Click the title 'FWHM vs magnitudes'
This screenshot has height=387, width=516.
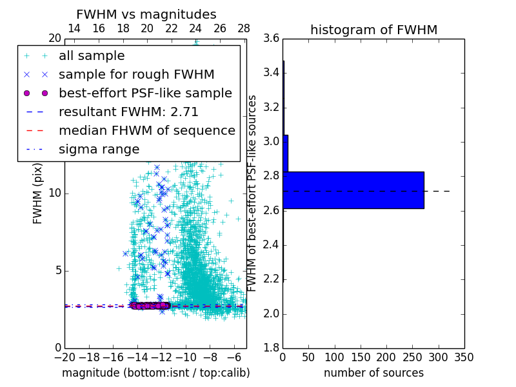[x=146, y=14]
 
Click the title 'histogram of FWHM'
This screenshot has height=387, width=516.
[x=373, y=30]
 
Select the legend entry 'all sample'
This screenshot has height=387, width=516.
[x=92, y=56]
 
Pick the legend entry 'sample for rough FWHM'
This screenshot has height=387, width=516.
[x=136, y=75]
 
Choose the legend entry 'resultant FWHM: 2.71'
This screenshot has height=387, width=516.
[x=128, y=112]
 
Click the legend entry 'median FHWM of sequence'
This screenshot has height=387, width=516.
[x=146, y=130]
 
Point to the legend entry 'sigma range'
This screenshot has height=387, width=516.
[x=99, y=149]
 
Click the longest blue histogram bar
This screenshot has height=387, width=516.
[x=353, y=190]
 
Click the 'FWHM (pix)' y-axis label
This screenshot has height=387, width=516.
[x=38, y=193]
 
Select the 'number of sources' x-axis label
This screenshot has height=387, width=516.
[x=373, y=373]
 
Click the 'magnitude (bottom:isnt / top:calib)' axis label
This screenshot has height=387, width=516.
[x=155, y=373]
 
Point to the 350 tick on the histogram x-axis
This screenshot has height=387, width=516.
[x=464, y=357]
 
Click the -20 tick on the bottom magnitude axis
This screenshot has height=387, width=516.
[x=64, y=357]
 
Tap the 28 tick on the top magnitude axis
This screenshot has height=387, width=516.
[x=244, y=28]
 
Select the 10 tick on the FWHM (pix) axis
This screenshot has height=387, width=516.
[x=54, y=193]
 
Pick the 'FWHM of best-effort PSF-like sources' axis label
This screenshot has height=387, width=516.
[x=253, y=193]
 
